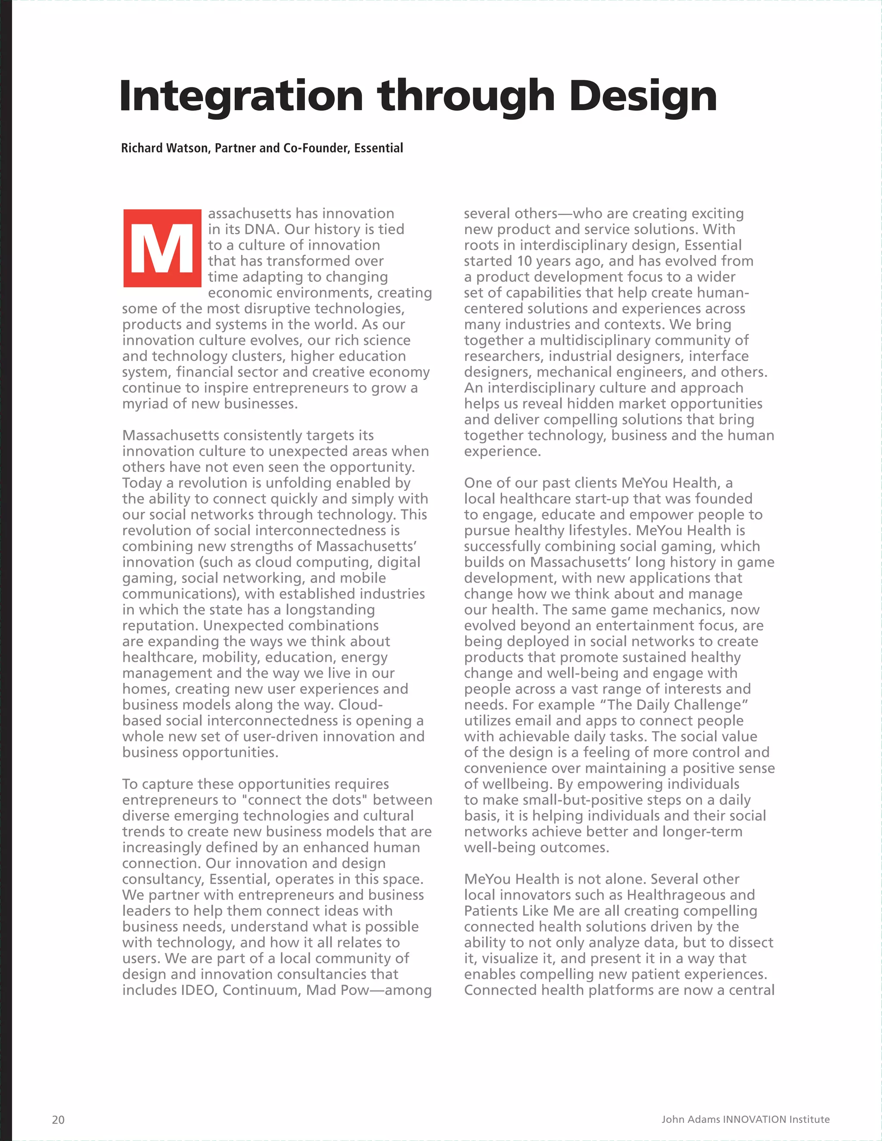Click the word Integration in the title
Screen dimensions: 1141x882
tap(241, 96)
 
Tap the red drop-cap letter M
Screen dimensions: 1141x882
tap(162, 248)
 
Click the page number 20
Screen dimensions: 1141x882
tap(58, 1119)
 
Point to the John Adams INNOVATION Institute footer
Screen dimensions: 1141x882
tap(745, 1119)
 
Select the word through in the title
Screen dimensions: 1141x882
tap(466, 96)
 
